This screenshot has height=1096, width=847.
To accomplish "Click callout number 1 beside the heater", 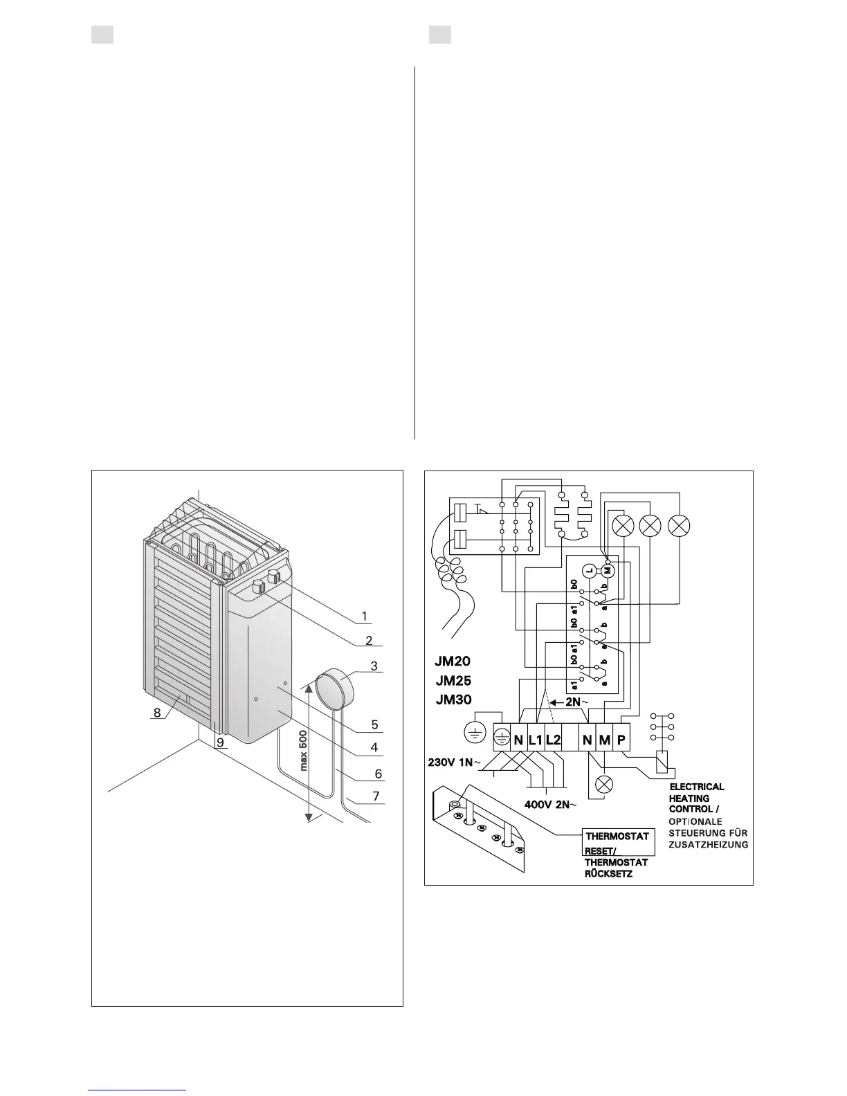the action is pyautogui.click(x=365, y=616).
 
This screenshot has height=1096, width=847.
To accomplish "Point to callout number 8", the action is pyautogui.click(x=158, y=712).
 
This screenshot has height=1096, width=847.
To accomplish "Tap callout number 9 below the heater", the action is pyautogui.click(x=219, y=742).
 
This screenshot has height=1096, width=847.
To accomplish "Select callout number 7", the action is pyautogui.click(x=376, y=796).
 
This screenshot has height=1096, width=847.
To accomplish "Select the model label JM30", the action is pyautogui.click(x=453, y=699).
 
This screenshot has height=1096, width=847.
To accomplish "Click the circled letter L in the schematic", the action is pyautogui.click(x=588, y=570).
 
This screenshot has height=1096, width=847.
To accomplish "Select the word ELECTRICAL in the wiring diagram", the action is pyautogui.click(x=696, y=787).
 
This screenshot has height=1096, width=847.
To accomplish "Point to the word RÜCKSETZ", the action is pyautogui.click(x=608, y=874).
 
